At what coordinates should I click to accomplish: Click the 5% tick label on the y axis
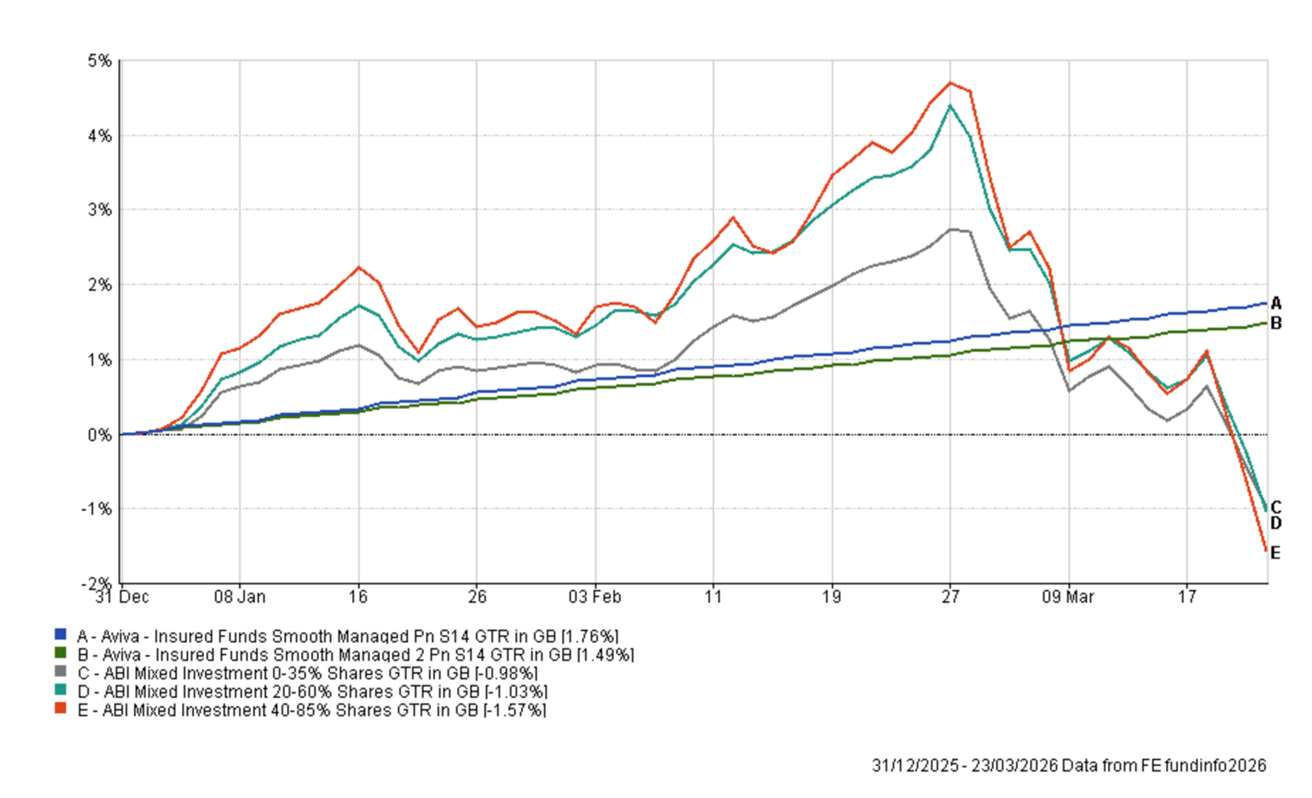[x=100, y=61]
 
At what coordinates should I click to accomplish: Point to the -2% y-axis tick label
[x=98, y=583]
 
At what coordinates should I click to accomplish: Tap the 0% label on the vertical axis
[x=100, y=435]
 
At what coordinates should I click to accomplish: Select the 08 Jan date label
[x=239, y=597]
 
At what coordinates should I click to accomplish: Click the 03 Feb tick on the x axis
[x=595, y=597]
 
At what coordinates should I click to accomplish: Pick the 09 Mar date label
[x=1067, y=597]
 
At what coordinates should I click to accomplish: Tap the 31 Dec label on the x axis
[x=122, y=597]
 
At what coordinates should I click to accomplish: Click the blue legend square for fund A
[x=61, y=635]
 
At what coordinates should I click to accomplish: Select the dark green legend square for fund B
[x=61, y=654]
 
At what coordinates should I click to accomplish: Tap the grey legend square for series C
[x=61, y=672]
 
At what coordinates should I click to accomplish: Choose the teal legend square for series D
[x=61, y=691]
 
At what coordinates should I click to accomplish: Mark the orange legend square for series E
[x=61, y=709]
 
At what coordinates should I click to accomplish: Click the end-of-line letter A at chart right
[x=1276, y=303]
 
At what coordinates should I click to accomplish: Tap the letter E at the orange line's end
[x=1276, y=553]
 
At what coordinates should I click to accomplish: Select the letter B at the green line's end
[x=1276, y=324]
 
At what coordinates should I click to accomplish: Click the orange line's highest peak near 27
[x=950, y=82]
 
